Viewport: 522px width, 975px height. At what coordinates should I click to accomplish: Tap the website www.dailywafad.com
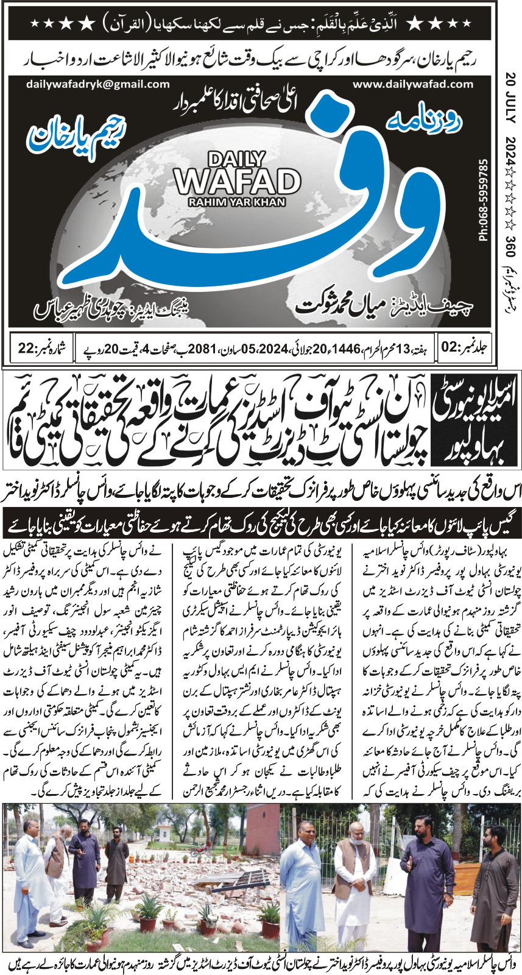[x=412, y=84]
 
